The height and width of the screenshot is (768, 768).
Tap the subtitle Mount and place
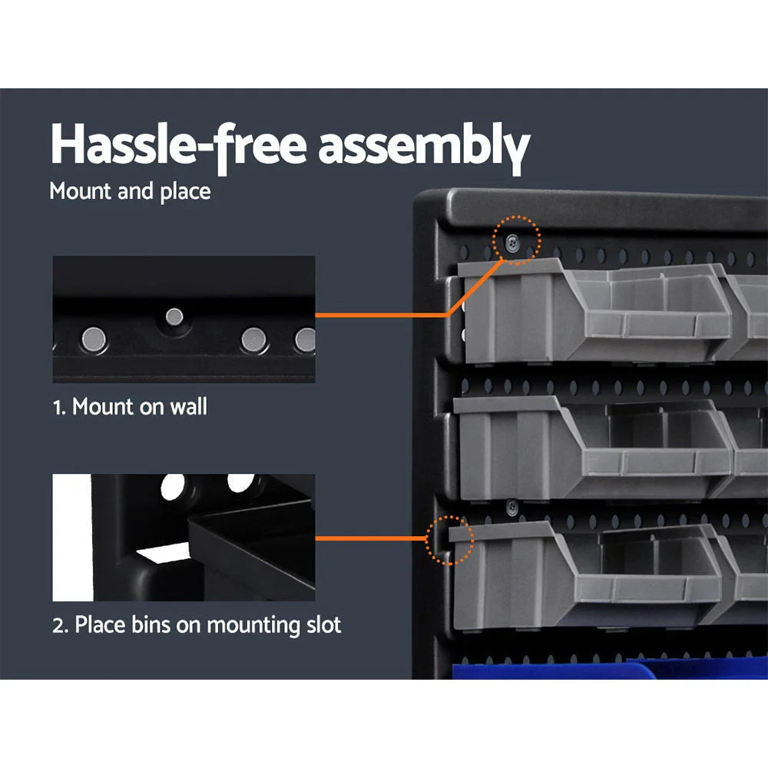point(130,191)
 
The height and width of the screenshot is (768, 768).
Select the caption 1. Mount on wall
point(130,406)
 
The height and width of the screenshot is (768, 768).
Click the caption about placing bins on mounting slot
point(197,624)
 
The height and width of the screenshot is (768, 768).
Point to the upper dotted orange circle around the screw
point(517,240)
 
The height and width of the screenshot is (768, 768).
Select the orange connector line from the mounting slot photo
point(372,538)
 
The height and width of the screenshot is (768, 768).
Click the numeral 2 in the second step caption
point(58,625)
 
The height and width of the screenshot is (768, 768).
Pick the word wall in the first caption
point(189,406)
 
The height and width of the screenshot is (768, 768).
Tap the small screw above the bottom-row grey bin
point(511,505)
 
